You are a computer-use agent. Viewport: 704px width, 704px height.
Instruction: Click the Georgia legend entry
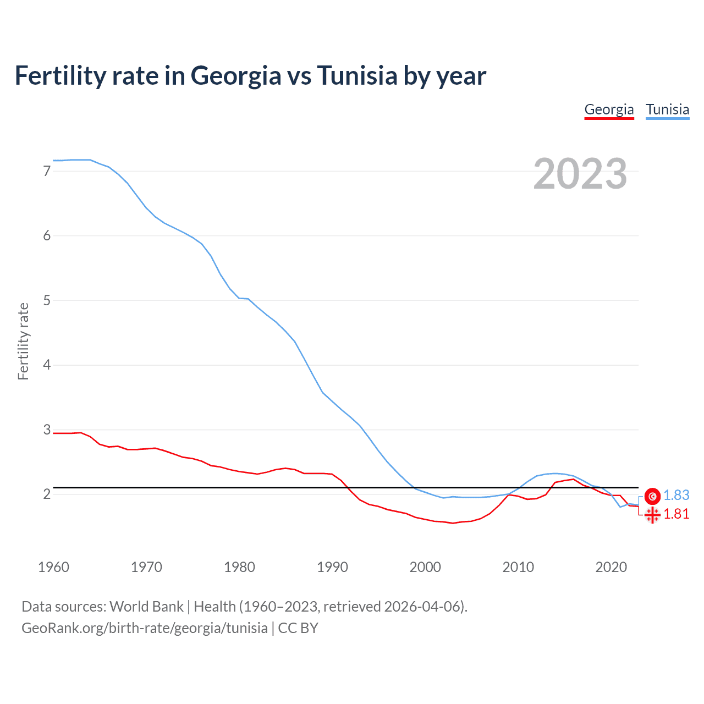[x=609, y=109]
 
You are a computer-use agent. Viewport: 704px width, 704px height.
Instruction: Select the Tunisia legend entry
[x=667, y=109]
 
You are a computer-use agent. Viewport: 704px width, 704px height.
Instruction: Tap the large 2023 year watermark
[x=580, y=174]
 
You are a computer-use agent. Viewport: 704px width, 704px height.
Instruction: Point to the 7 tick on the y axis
[x=47, y=171]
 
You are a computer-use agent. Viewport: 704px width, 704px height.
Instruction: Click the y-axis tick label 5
[x=47, y=300]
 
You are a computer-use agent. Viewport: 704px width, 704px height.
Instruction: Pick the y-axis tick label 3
[x=47, y=430]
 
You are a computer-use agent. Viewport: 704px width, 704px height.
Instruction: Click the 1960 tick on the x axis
[x=53, y=567]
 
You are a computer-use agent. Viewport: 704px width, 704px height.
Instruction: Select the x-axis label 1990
[x=332, y=567]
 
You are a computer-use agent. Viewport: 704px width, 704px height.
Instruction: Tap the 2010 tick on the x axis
[x=518, y=567]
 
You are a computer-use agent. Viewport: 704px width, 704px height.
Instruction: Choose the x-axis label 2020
[x=611, y=567]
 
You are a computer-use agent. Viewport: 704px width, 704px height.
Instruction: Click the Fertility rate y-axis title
[x=23, y=341]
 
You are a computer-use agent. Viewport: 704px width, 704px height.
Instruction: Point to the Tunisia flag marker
[x=652, y=496]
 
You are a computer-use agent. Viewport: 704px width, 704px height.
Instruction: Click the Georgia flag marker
[x=652, y=515]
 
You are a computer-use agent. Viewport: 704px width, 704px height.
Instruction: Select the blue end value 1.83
[x=676, y=496]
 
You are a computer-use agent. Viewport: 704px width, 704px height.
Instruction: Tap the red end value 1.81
[x=676, y=514]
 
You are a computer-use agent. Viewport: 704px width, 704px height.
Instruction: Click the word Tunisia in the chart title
[x=357, y=76]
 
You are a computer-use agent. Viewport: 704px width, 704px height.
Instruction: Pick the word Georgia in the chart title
[x=236, y=76]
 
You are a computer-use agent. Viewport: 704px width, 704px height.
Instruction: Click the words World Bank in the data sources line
[x=146, y=607]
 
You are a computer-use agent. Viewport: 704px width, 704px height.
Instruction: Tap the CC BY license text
[x=298, y=628]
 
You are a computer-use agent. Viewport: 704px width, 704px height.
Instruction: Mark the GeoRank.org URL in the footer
[x=144, y=628]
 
